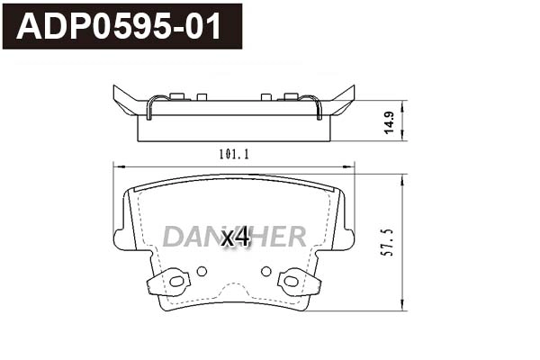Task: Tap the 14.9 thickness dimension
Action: point(389,122)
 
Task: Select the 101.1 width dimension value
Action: point(234,154)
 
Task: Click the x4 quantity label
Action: point(235,238)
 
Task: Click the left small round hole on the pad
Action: point(202,271)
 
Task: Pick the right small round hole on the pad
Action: point(265,271)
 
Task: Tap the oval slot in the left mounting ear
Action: point(176,282)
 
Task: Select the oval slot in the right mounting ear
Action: point(291,282)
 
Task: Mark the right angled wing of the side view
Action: point(342,101)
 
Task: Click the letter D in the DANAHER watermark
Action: point(173,237)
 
